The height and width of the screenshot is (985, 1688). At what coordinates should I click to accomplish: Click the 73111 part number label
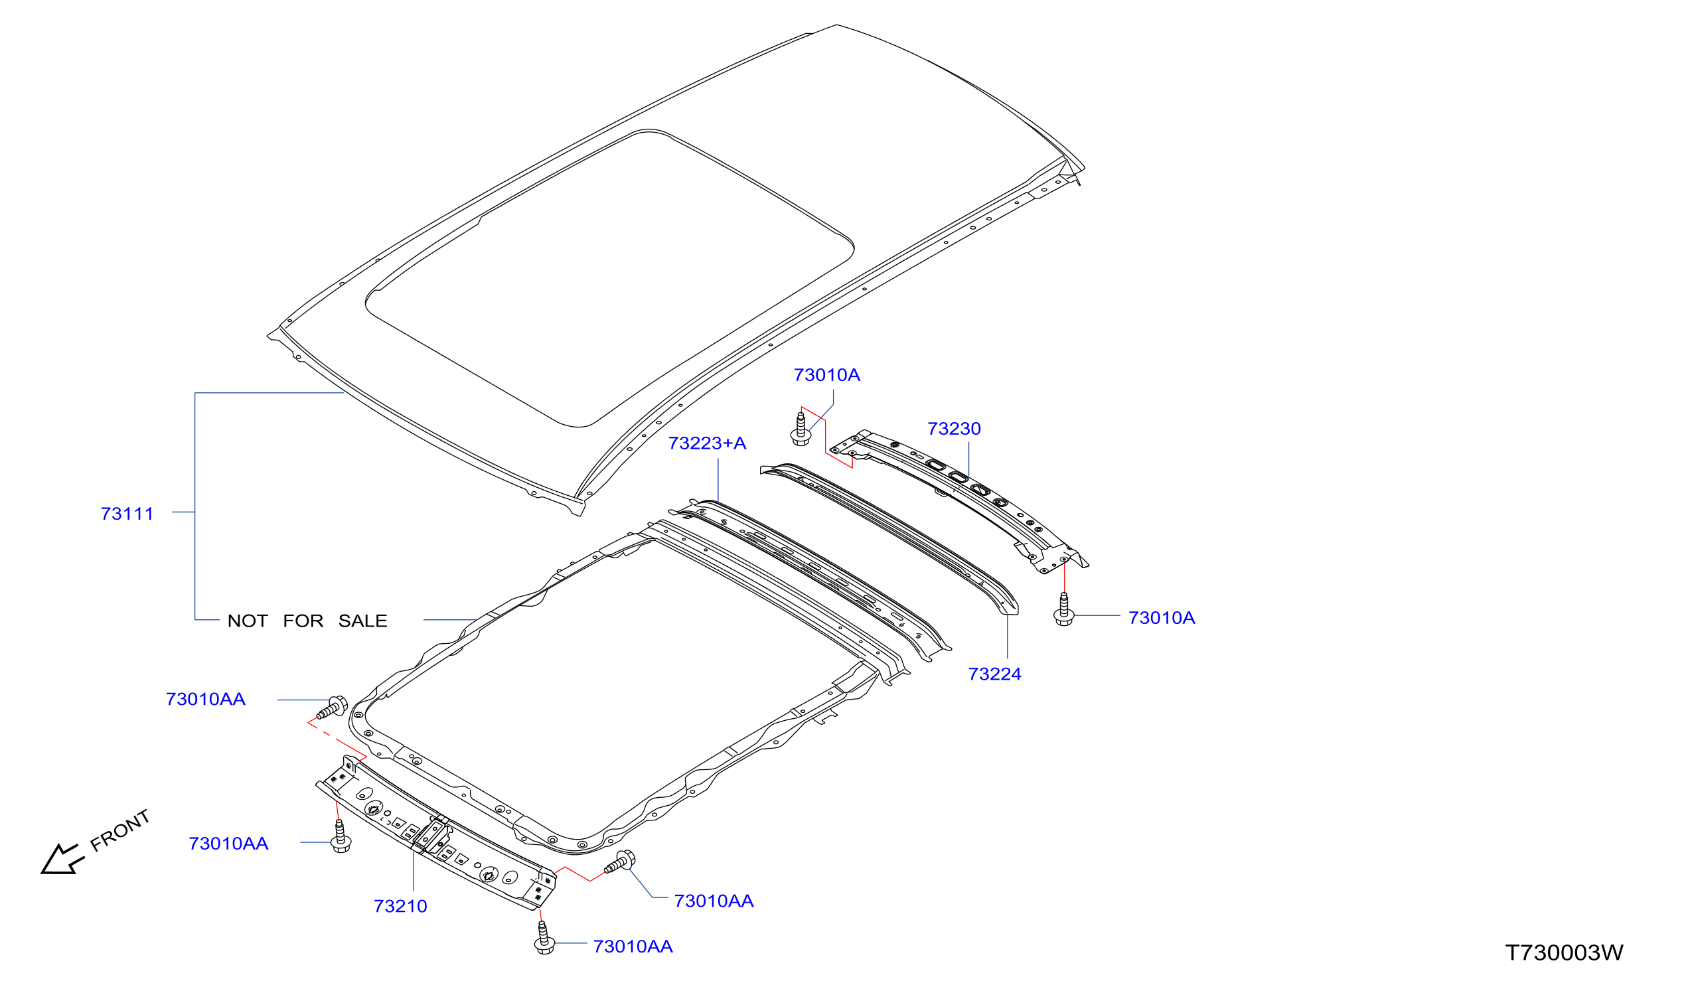point(127,514)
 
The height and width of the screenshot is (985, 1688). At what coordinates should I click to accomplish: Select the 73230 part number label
point(954,429)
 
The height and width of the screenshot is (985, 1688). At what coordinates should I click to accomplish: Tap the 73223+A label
point(708,443)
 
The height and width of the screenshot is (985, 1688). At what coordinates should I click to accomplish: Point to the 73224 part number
point(995,674)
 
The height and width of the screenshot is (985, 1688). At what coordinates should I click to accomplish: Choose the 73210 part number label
point(400,907)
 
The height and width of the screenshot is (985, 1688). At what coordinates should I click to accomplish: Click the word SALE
point(363,621)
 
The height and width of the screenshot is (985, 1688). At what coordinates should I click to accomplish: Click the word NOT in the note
point(248,621)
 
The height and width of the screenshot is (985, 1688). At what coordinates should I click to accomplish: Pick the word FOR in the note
point(303,621)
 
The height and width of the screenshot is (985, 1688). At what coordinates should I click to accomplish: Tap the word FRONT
point(121,831)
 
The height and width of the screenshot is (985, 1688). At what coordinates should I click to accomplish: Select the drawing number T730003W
point(1565,953)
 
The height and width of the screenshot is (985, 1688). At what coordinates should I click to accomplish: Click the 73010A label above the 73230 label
point(826,375)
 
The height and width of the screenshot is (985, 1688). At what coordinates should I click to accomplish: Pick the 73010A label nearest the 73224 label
point(1162,618)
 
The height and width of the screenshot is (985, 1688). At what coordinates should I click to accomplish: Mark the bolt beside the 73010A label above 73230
point(801,429)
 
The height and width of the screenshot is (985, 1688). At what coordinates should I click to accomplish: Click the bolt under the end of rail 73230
point(1065,609)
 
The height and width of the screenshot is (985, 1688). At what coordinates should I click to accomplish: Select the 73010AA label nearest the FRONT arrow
point(228,844)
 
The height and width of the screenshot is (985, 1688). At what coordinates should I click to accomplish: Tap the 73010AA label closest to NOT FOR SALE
point(206,699)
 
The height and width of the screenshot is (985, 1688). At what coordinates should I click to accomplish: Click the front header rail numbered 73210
point(436,833)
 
